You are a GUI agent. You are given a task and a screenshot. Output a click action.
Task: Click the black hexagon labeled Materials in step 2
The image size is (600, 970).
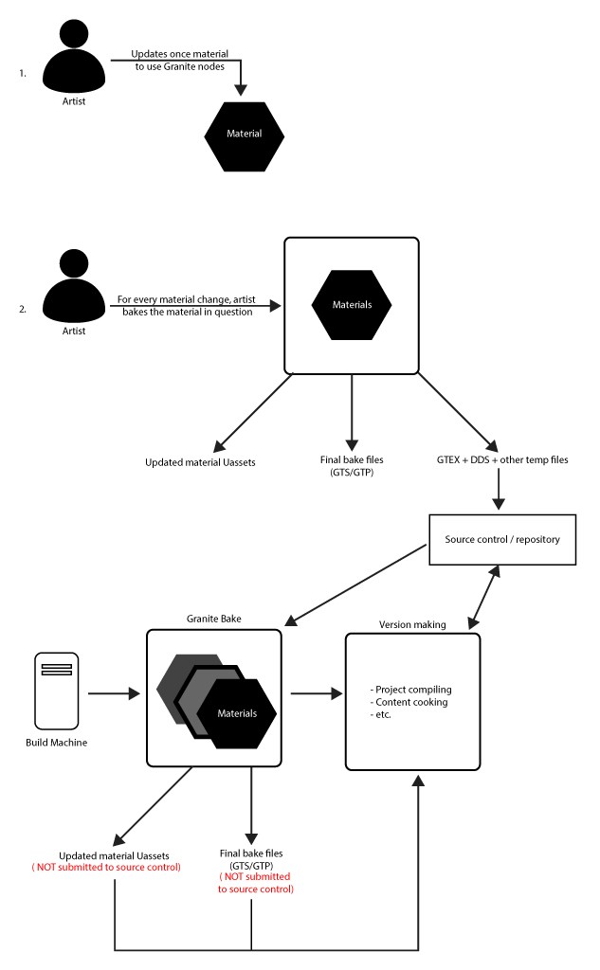351,305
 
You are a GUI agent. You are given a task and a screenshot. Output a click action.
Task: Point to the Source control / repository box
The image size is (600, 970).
502,540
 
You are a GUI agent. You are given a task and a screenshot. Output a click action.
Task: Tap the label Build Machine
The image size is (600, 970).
56,743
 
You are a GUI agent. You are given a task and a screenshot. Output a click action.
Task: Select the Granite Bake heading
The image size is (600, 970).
213,617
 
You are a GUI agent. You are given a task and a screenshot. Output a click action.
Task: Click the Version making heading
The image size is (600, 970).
412,624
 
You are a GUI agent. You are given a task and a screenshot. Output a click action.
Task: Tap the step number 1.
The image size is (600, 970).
22,71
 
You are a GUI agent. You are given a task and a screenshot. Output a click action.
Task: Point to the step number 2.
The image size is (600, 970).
22,309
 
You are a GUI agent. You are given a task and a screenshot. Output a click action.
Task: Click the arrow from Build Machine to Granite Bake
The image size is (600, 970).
114,695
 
